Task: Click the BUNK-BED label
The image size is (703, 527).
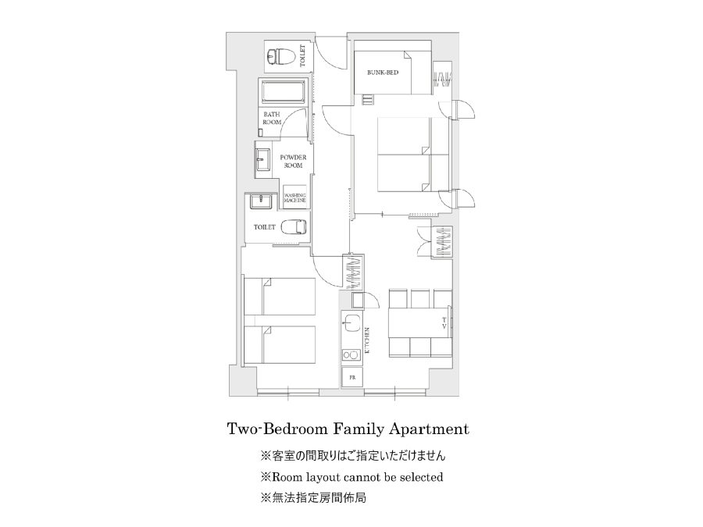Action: click(x=383, y=73)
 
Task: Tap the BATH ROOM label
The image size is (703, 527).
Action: click(x=272, y=119)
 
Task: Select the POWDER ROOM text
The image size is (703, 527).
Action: click(x=293, y=162)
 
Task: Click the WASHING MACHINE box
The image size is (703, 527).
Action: click(x=294, y=198)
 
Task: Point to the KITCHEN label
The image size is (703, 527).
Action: click(x=367, y=341)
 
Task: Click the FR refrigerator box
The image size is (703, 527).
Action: click(x=352, y=377)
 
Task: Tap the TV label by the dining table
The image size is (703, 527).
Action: click(x=444, y=323)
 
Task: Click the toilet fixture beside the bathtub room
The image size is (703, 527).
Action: click(x=280, y=57)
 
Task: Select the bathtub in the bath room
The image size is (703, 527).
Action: click(x=284, y=92)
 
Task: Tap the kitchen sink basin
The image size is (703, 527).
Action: click(x=352, y=322)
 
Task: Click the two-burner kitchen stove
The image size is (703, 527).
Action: click(x=351, y=355)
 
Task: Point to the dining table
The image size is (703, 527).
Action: click(x=420, y=322)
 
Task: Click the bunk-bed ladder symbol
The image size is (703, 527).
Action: click(x=368, y=99)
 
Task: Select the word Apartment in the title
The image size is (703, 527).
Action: click(x=430, y=429)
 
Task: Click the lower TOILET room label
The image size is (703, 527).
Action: click(x=265, y=227)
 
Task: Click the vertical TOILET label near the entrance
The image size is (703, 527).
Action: click(x=302, y=56)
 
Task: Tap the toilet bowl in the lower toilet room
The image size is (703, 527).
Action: click(x=294, y=226)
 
